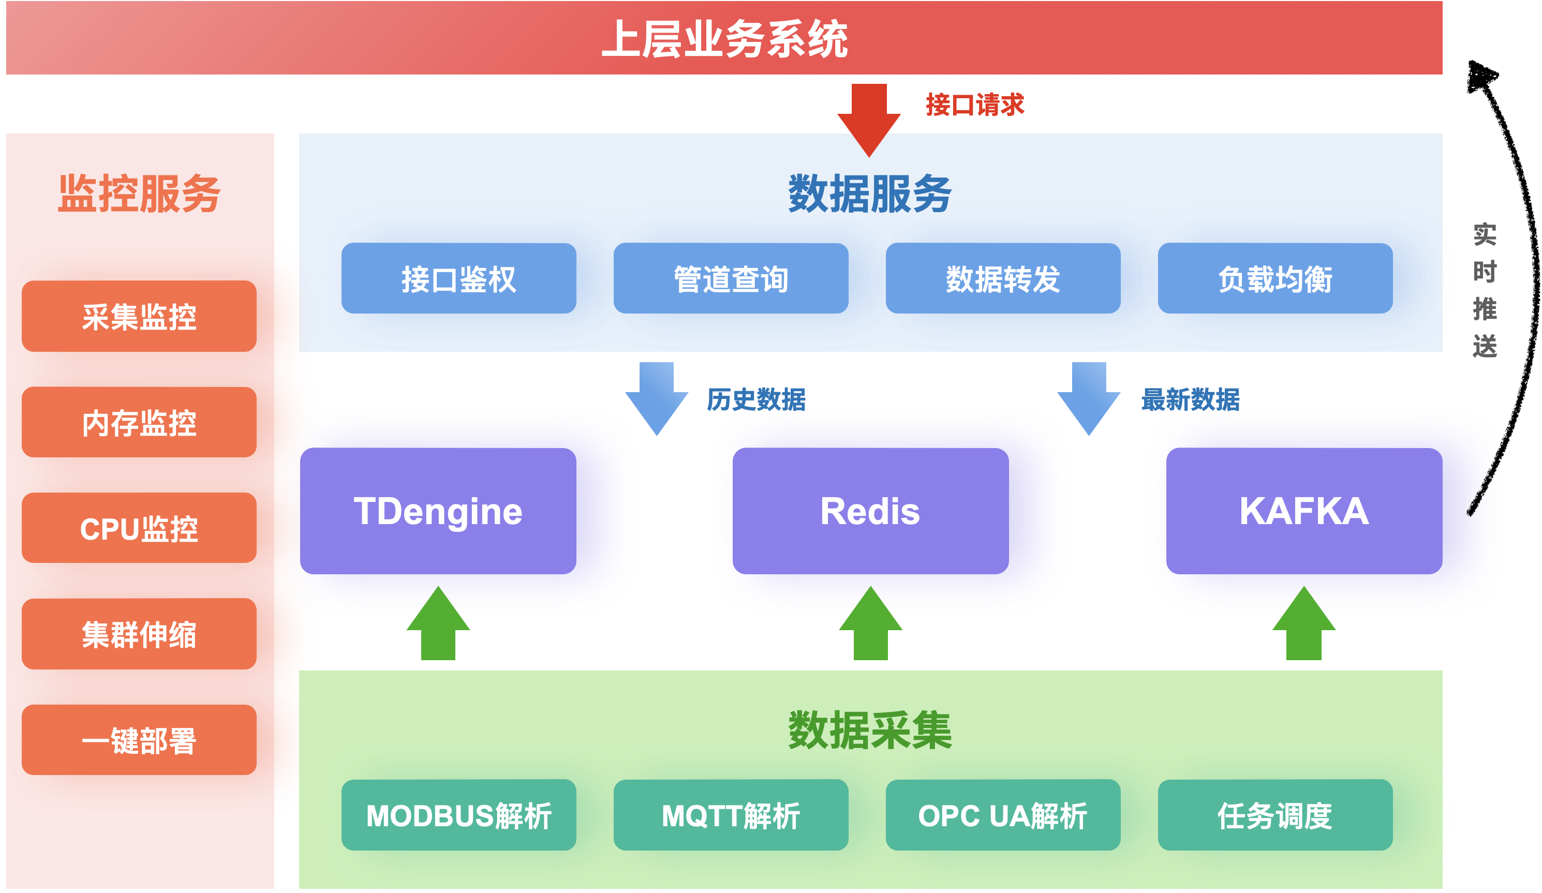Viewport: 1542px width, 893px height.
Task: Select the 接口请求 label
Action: (x=974, y=105)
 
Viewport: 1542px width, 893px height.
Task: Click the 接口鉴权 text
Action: (x=458, y=279)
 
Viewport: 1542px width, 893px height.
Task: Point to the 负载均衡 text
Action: (x=1274, y=279)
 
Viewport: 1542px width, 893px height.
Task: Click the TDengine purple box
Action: (x=465, y=511)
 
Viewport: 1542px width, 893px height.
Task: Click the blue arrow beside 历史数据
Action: (x=657, y=397)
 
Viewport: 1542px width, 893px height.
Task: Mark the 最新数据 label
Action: (x=1190, y=399)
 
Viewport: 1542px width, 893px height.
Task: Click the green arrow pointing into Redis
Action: (x=870, y=624)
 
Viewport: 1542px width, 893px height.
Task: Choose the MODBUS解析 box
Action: (x=458, y=815)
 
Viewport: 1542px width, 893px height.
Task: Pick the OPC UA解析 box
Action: (x=1002, y=815)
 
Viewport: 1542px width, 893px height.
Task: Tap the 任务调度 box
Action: (x=1274, y=815)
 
